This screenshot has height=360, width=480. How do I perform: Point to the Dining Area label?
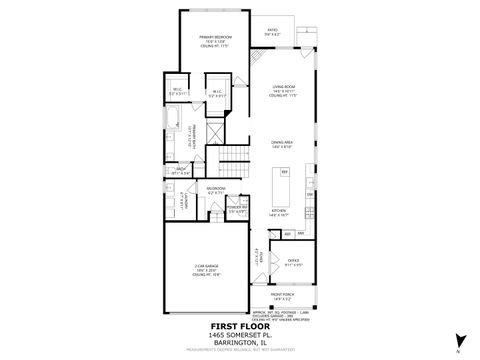283,144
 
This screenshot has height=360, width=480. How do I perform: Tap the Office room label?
293,265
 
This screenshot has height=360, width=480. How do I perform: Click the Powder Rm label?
237,210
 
